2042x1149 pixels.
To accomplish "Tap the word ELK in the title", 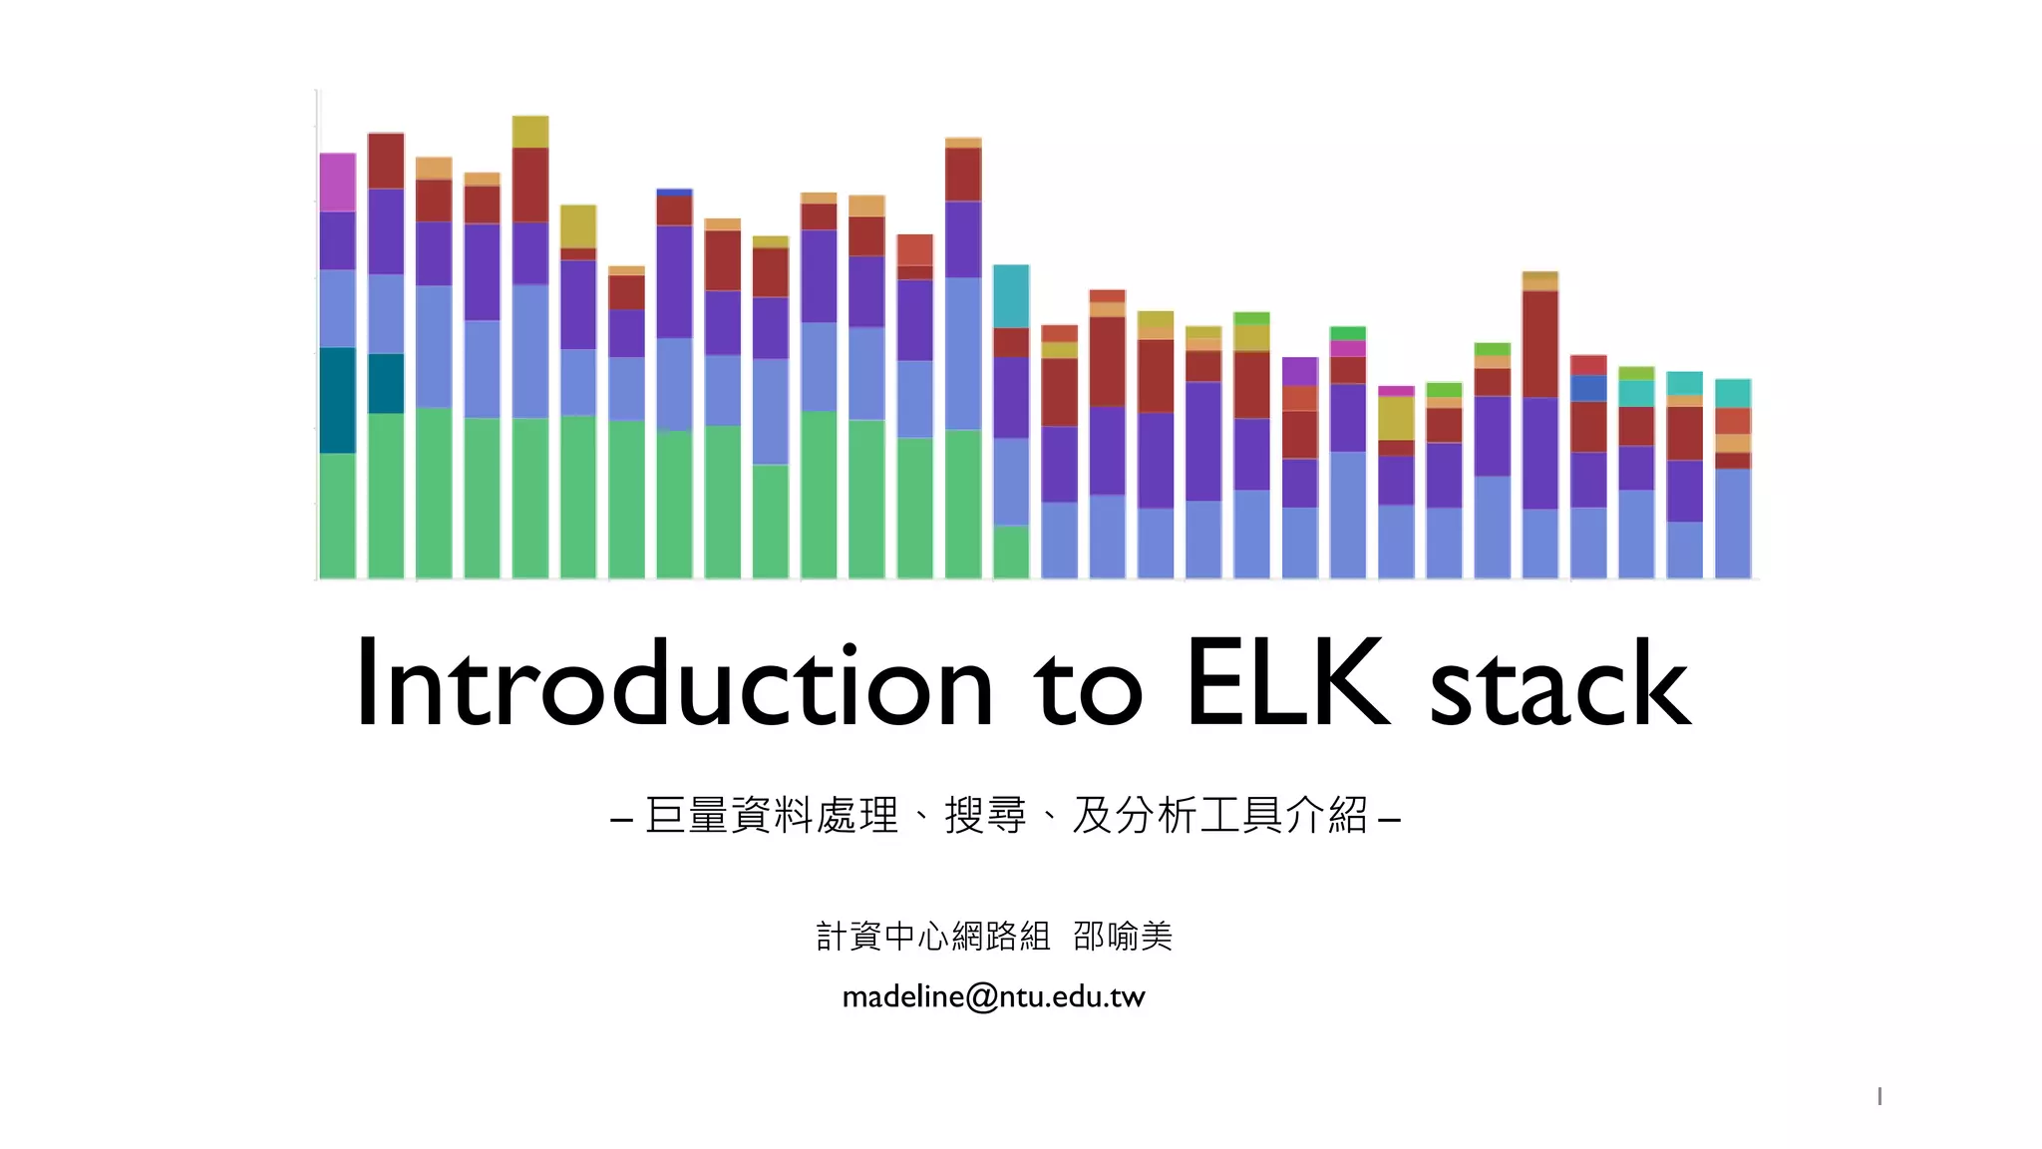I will pyautogui.click(x=1287, y=685).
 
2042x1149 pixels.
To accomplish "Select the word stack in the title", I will pyautogui.click(x=1559, y=685).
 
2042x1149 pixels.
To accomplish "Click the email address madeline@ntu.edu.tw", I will pyautogui.click(x=993, y=996).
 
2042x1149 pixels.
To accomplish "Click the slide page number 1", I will pyautogui.click(x=1878, y=1096).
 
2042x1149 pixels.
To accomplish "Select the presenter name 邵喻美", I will pyautogui.click(x=1123, y=937).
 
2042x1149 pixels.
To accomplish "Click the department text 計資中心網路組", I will pyautogui.click(x=932, y=937).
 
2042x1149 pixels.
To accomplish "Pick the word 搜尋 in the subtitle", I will pyautogui.click(x=985, y=816).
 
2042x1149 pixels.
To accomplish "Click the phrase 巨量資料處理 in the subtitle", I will pyautogui.click(x=772, y=816).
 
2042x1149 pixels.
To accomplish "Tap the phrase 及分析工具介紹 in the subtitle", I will pyautogui.click(x=1219, y=816).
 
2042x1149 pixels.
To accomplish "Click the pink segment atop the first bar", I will pyautogui.click(x=337, y=182).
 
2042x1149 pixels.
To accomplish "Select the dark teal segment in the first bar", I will pyautogui.click(x=337, y=400).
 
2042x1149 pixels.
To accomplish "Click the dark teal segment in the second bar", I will pyautogui.click(x=386, y=383).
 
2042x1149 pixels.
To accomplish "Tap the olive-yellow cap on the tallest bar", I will pyautogui.click(x=530, y=131).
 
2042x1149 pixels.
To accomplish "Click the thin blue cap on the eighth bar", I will pyautogui.click(x=674, y=191).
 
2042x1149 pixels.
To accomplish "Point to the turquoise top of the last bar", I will pyautogui.click(x=1733, y=393).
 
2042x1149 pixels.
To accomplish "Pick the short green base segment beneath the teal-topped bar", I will pyautogui.click(x=1011, y=552).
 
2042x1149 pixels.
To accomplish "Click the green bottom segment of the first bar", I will pyautogui.click(x=337, y=516).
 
